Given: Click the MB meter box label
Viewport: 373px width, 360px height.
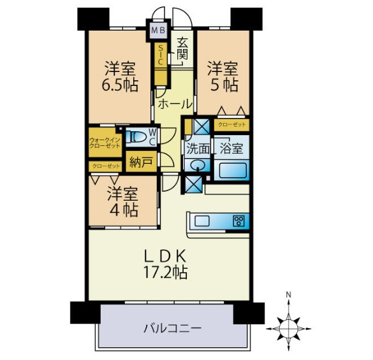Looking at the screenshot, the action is pos(158,31).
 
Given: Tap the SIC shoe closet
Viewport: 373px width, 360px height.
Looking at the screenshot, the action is pos(160,55).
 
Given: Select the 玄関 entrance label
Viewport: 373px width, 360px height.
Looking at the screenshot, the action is pos(182,49).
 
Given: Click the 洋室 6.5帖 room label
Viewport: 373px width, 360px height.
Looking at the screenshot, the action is pos(120,76).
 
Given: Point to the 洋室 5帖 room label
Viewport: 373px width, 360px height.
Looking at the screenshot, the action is pos(223,76).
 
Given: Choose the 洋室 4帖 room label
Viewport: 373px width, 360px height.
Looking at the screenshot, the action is pos(122,201).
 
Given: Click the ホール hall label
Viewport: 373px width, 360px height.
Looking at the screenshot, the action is pos(175,104).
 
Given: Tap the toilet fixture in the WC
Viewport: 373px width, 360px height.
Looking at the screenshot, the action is pos(136,138).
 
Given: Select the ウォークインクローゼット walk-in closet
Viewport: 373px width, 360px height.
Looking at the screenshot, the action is pos(105,143).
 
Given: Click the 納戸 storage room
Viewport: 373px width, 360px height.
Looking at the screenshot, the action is pos(142,162).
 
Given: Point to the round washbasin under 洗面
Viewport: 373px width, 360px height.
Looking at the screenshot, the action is pos(198,164).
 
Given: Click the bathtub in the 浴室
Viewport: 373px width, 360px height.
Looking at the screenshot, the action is pos(232,170).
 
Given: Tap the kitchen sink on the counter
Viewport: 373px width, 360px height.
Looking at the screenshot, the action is pos(202,221).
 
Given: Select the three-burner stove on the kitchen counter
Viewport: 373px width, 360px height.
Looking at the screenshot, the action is pos(238,221).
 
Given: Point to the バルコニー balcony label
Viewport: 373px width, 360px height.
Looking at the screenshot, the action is pos(172,329).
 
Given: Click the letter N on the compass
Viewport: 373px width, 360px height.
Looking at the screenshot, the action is pos(289,295).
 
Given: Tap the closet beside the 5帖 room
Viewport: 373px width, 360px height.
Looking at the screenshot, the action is pos(231,125).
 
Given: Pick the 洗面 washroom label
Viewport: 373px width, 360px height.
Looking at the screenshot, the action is pos(198,149).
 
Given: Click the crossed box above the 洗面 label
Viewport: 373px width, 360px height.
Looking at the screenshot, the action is pos(201,127).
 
